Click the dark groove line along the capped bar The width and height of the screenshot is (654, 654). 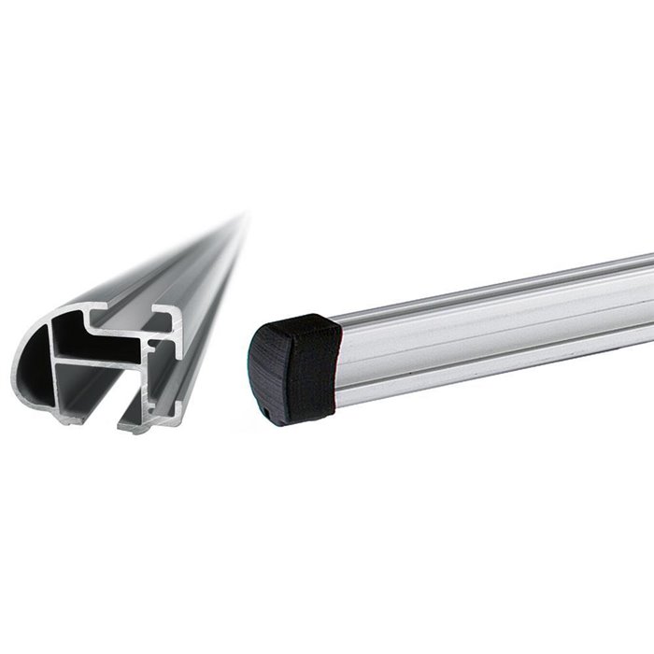click(495, 323)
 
